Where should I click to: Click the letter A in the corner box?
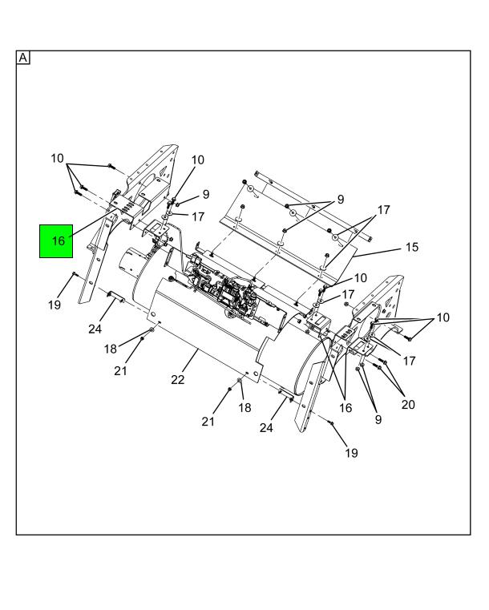click(x=23, y=58)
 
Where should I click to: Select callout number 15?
click(x=411, y=248)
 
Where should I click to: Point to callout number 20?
click(x=408, y=404)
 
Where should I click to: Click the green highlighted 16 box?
click(x=57, y=240)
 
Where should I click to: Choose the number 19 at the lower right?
click(x=351, y=453)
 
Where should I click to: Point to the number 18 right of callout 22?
click(x=245, y=408)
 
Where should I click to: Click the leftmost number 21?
click(x=120, y=370)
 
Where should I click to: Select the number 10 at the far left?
click(x=57, y=158)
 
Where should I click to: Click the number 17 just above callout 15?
click(x=383, y=210)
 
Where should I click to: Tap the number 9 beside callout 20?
click(x=378, y=418)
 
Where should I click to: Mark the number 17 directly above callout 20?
click(x=409, y=361)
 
